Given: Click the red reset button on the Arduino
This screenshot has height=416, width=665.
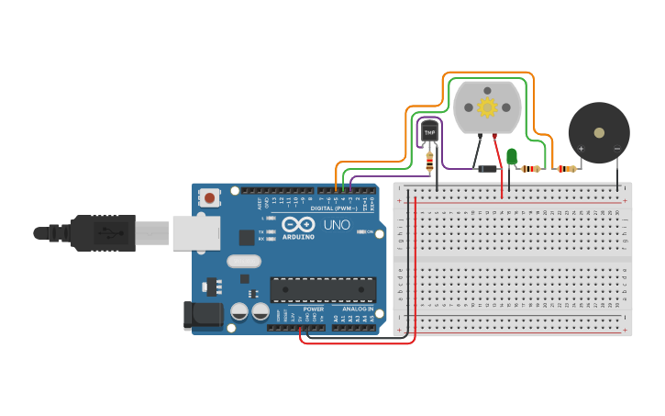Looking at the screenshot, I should (210, 197).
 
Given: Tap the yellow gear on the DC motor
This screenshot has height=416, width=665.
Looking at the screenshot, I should (487, 107).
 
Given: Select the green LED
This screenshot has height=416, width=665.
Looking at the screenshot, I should (512, 156).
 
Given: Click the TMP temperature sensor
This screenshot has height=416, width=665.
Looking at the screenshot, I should (429, 132).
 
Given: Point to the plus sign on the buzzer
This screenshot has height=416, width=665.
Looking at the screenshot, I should (582, 148).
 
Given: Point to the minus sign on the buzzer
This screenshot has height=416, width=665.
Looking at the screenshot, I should (616, 148).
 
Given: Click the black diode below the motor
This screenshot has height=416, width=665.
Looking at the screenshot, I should (487, 168).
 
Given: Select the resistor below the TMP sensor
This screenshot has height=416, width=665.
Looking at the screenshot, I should (429, 163).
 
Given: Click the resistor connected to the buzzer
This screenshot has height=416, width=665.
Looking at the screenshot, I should (565, 168).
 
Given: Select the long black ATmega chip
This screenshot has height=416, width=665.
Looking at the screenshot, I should (323, 289).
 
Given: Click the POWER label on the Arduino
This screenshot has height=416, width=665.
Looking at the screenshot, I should (313, 309).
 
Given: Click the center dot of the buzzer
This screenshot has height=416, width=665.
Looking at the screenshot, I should (600, 132).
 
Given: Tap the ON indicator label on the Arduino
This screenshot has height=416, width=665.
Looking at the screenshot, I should (371, 231).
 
